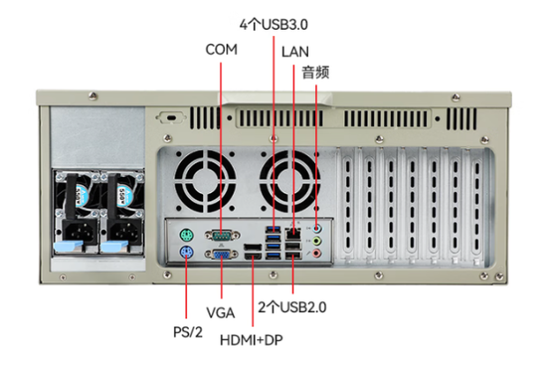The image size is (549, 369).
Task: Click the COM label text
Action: click(x=221, y=50)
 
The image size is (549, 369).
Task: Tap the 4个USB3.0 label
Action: click(x=274, y=25)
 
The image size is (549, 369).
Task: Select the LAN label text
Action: click(x=295, y=51)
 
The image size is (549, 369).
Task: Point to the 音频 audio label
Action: click(x=315, y=73)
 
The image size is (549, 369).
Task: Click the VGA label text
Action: click(x=220, y=313)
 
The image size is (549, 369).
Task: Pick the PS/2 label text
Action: click(x=188, y=332)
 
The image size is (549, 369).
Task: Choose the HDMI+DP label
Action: click(x=251, y=340)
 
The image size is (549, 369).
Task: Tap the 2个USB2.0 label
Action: click(x=292, y=308)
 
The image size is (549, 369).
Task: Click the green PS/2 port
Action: click(x=187, y=235)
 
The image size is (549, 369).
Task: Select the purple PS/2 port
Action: click(x=187, y=253)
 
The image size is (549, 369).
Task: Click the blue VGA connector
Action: click(x=222, y=254)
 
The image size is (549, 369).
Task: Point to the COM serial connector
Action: click(x=222, y=235)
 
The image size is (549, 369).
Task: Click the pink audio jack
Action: click(x=316, y=253)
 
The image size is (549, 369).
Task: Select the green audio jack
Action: click(x=316, y=241)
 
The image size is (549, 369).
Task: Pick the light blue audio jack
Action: click(x=316, y=229)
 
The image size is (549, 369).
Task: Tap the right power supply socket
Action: click(x=125, y=231)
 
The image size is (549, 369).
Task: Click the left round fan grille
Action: click(x=205, y=180)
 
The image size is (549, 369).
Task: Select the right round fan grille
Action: click(x=290, y=180)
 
